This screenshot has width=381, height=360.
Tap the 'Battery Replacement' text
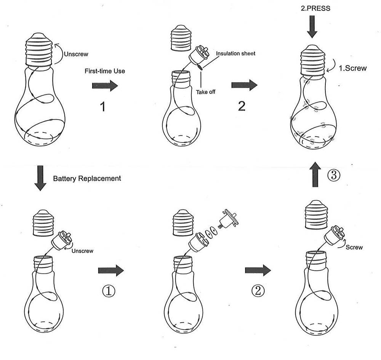click(x=87, y=178)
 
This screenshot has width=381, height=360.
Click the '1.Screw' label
click(x=352, y=69)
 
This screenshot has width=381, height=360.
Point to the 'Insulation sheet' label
click(x=236, y=54)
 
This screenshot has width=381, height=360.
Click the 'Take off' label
click(x=206, y=92)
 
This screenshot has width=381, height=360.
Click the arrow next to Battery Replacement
click(x=40, y=178)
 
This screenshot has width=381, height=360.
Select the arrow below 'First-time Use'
click(x=105, y=86)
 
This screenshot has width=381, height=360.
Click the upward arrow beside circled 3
click(x=315, y=174)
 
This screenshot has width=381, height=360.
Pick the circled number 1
click(x=109, y=291)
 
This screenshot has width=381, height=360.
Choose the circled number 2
click(x=258, y=291)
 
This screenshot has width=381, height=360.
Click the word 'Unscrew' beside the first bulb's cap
click(x=76, y=54)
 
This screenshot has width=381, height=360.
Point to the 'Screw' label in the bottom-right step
click(x=354, y=247)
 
